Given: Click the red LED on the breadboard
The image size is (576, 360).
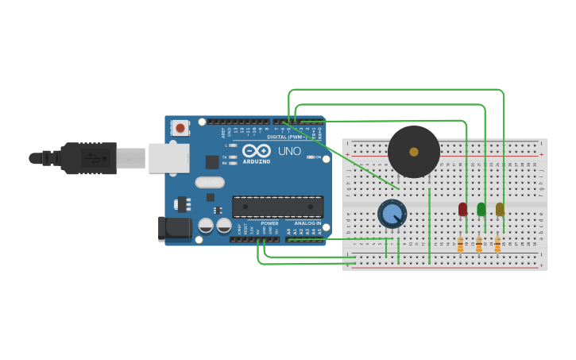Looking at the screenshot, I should [x=462, y=209].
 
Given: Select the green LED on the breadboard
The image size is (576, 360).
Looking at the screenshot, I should [x=481, y=209].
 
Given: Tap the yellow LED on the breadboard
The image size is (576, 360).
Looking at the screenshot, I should [x=500, y=209].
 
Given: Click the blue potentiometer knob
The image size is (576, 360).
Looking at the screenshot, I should [x=392, y=213].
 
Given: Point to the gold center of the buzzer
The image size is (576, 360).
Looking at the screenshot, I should [x=414, y=151].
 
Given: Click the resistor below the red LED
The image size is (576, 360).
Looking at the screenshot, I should [x=460, y=245].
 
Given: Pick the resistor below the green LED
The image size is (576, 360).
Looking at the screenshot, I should [x=479, y=245].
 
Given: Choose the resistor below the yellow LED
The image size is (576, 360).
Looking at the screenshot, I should [x=497, y=245].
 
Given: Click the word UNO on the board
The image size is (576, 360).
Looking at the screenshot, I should [x=289, y=151].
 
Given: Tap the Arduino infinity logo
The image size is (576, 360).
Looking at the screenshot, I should [x=257, y=150].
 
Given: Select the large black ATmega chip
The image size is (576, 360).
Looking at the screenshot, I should [x=277, y=207].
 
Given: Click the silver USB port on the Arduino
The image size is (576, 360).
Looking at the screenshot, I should [x=168, y=157].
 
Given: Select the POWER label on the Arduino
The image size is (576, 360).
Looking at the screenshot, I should [x=269, y=223].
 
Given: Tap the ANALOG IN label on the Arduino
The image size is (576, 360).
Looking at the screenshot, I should [x=307, y=223].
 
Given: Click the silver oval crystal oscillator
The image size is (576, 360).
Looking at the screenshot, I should [x=210, y=182].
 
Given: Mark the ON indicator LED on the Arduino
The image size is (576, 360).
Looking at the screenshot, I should [x=311, y=157].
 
